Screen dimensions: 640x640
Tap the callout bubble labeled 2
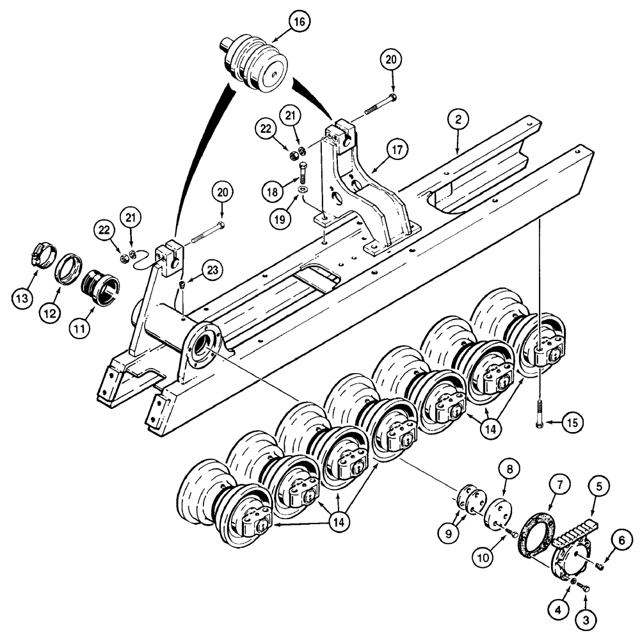point(458,118)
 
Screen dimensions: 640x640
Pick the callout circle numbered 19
point(280,218)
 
